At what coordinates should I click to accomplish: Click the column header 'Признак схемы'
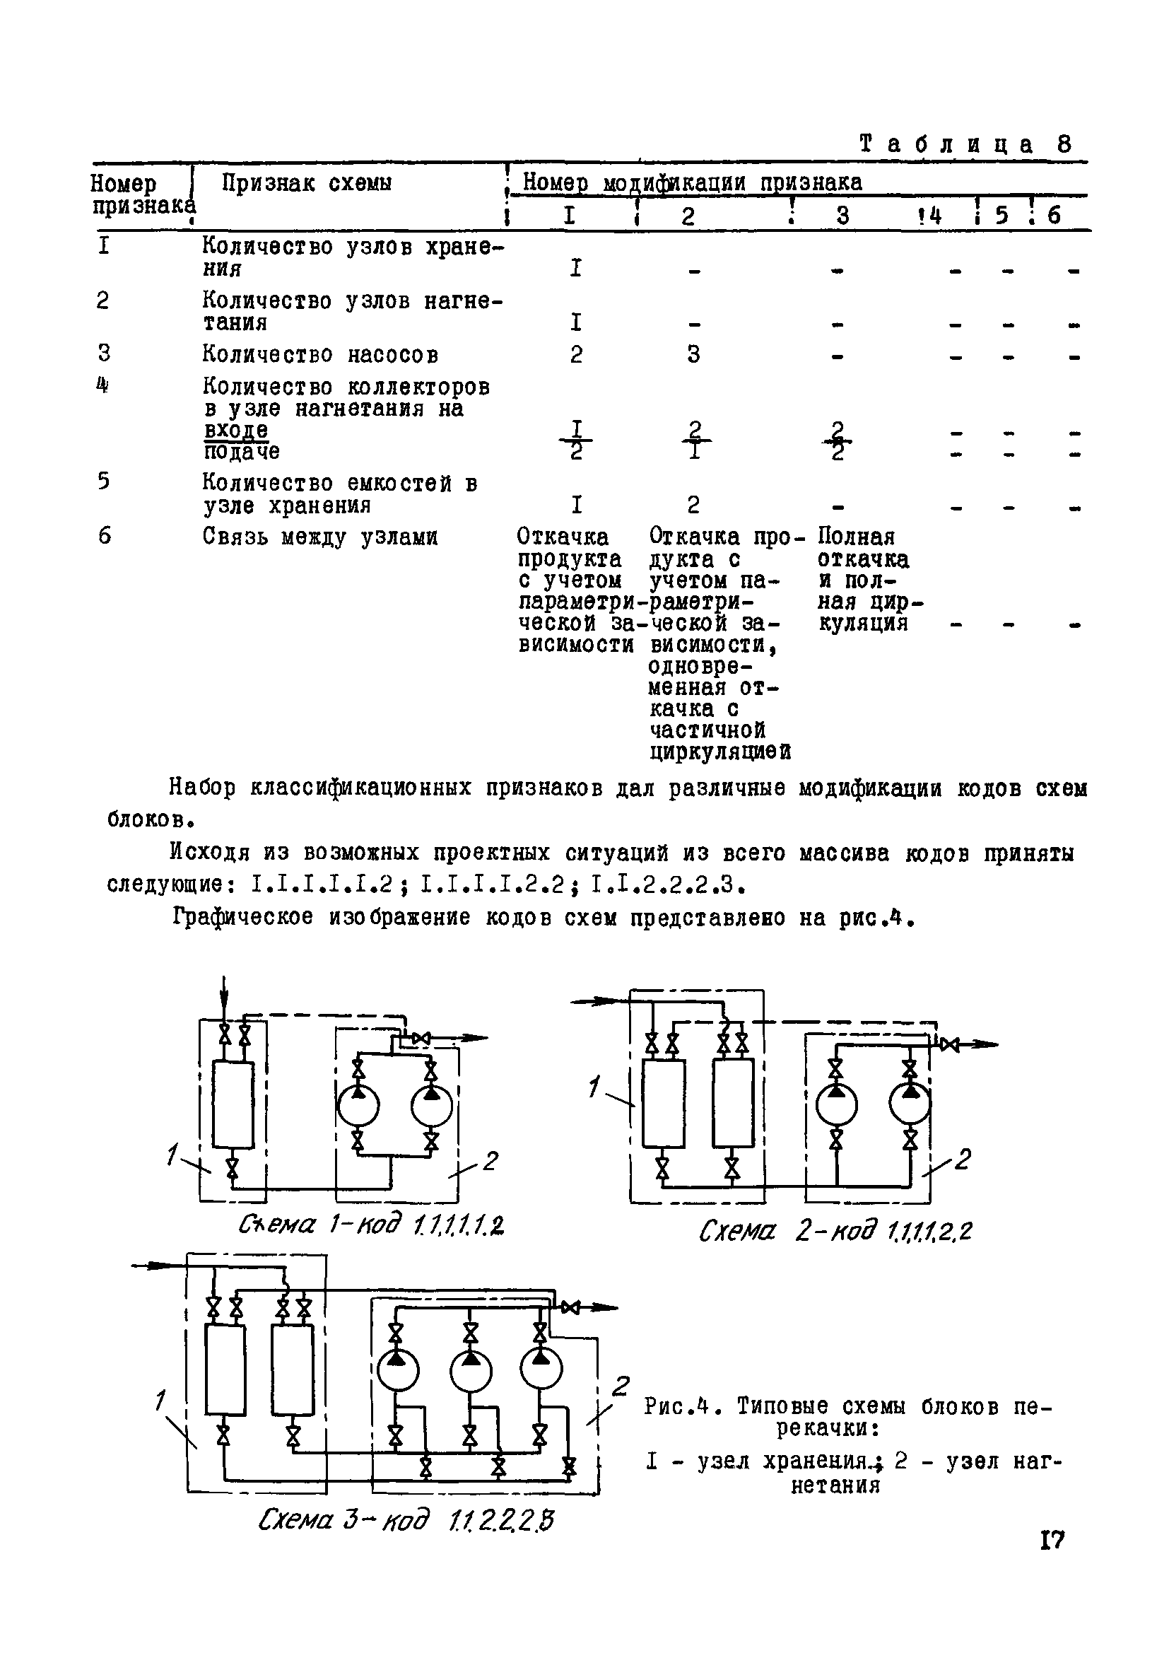pyautogui.click(x=307, y=182)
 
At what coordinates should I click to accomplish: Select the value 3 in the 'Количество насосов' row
pyautogui.click(x=693, y=354)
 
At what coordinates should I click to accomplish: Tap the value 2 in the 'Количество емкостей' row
pyautogui.click(x=693, y=504)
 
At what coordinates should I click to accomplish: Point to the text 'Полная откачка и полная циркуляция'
pyautogui.click(x=864, y=580)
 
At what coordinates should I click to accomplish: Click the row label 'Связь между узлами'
pyautogui.click(x=320, y=537)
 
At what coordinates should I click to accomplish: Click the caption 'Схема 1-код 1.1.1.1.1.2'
pyautogui.click(x=372, y=1225)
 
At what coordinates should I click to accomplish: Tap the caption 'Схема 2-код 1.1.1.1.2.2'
pyautogui.click(x=834, y=1232)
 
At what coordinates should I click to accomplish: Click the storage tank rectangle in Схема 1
pyautogui.click(x=233, y=1104)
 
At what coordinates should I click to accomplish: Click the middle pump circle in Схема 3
pyautogui.click(x=471, y=1372)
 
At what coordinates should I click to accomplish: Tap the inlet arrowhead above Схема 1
pyautogui.click(x=225, y=1009)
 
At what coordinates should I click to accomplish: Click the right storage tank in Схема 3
pyautogui.click(x=293, y=1370)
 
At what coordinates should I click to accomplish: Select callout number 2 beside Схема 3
pyautogui.click(x=619, y=1386)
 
